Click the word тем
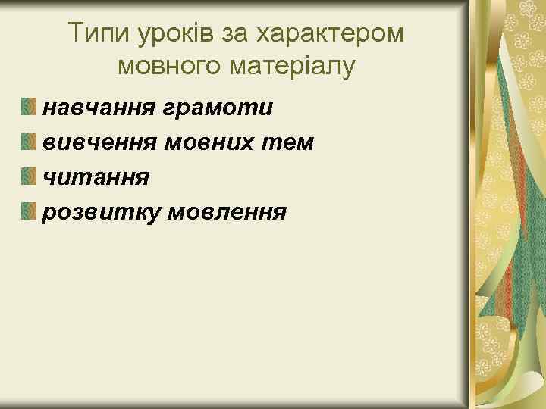click(x=293, y=142)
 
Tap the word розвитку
click(x=101, y=212)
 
